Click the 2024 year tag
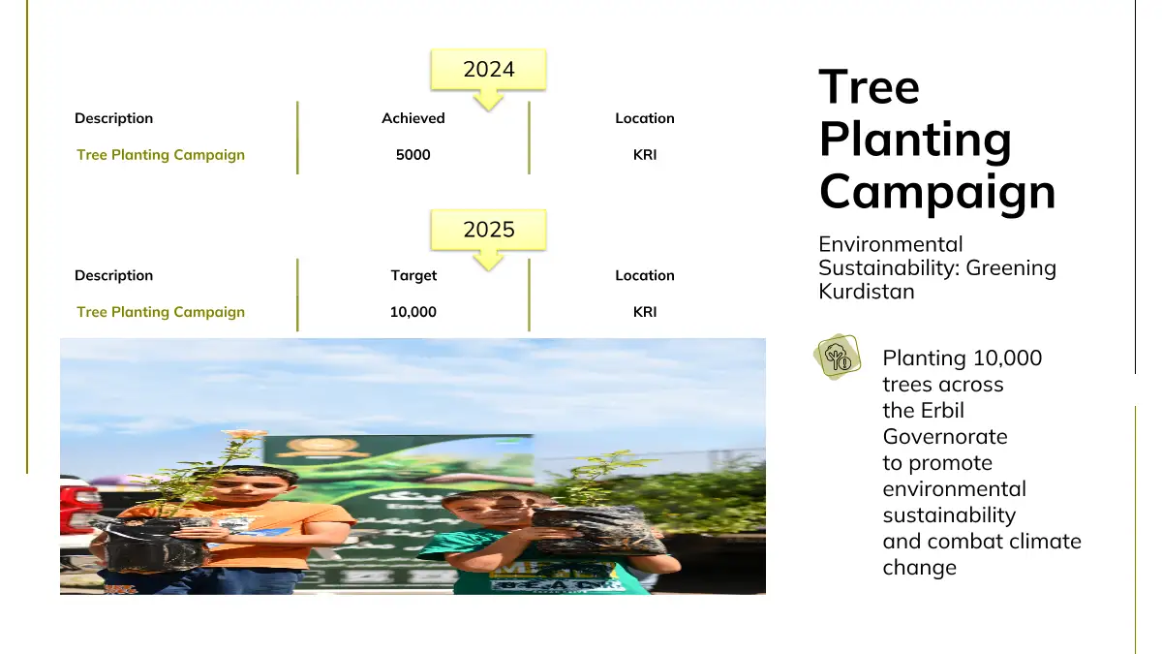click(488, 70)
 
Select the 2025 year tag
click(488, 230)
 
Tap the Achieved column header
click(413, 118)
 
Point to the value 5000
click(413, 155)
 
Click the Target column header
click(413, 275)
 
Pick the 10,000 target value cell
click(413, 312)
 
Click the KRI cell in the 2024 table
click(645, 155)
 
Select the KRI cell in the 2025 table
click(645, 312)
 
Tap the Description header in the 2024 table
click(113, 118)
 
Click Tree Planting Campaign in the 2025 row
click(161, 312)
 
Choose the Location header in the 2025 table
click(645, 275)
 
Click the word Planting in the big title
click(915, 140)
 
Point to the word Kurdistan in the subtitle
click(867, 292)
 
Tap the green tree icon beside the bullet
click(837, 357)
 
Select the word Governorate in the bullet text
click(945, 437)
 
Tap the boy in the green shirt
click(539, 543)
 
